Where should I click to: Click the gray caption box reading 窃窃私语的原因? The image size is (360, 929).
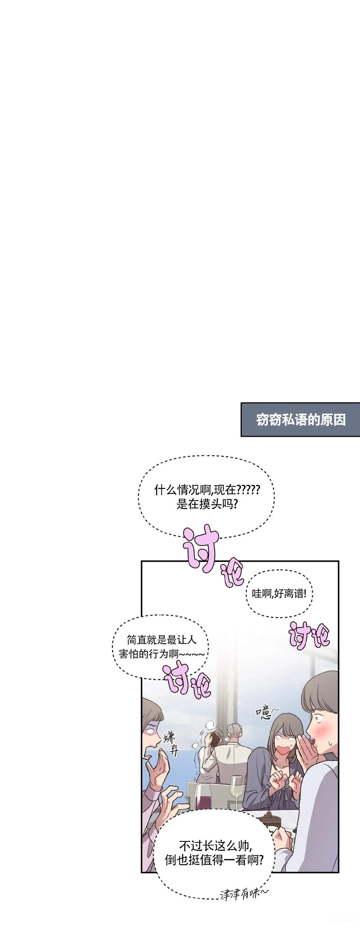point(300,419)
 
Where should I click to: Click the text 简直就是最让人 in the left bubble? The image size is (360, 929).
point(162,640)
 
